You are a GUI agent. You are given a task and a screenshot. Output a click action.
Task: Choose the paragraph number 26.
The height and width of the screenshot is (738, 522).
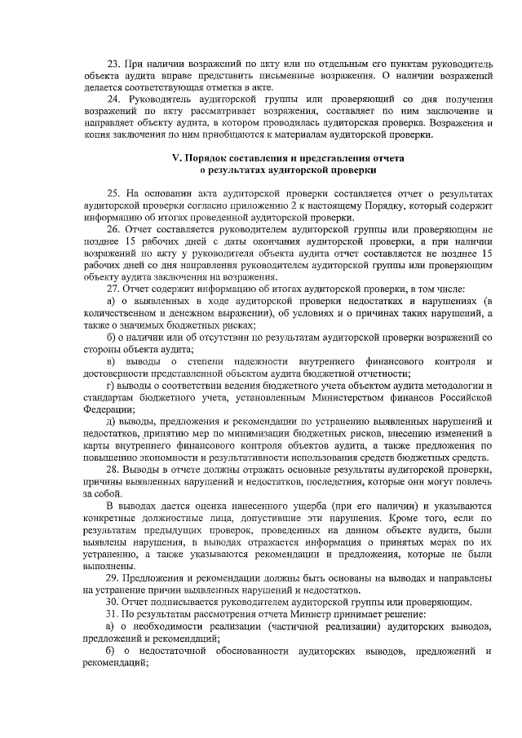[x=114, y=230]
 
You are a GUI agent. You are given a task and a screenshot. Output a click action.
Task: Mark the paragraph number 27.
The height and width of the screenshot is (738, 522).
[x=114, y=289]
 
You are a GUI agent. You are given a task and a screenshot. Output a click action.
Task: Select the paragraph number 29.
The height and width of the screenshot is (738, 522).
[x=114, y=577]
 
